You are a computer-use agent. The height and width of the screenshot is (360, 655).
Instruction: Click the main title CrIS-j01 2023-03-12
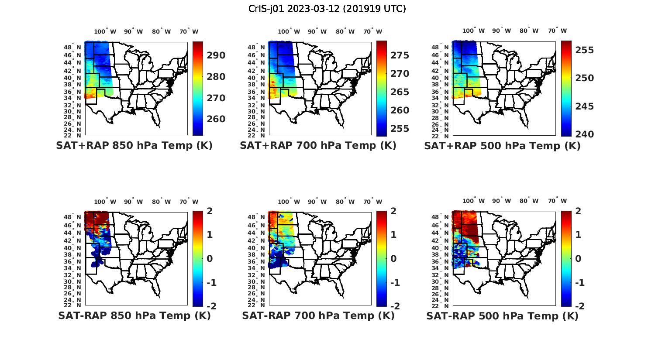[x=327, y=8]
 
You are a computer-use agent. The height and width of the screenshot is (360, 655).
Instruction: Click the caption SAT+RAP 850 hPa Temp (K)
[x=134, y=146]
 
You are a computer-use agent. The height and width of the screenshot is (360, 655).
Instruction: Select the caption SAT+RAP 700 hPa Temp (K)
[x=318, y=146]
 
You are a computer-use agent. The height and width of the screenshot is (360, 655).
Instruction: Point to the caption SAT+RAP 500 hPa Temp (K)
[x=502, y=146]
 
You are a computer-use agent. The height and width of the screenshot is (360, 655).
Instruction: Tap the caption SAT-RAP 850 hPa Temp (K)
[x=134, y=315]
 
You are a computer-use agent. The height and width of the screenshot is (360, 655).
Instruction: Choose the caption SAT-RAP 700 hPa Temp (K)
[x=318, y=315]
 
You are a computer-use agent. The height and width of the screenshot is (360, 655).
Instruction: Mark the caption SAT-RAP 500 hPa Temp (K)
[x=502, y=315]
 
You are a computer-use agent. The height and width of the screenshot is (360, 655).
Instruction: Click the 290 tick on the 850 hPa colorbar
[x=216, y=55]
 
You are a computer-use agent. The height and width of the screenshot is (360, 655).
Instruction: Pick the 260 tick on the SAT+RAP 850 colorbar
[x=216, y=119]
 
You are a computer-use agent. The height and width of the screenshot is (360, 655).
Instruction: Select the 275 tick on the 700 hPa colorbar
[x=400, y=55]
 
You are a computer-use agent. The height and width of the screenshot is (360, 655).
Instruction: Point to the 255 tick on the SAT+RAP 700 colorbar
[x=400, y=129]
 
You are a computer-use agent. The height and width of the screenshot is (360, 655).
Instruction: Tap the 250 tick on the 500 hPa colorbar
[x=584, y=78]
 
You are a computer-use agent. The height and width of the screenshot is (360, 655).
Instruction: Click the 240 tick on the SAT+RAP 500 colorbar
[x=584, y=134]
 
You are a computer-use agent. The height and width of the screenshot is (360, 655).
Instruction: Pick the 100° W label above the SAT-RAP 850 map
[x=105, y=202]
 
